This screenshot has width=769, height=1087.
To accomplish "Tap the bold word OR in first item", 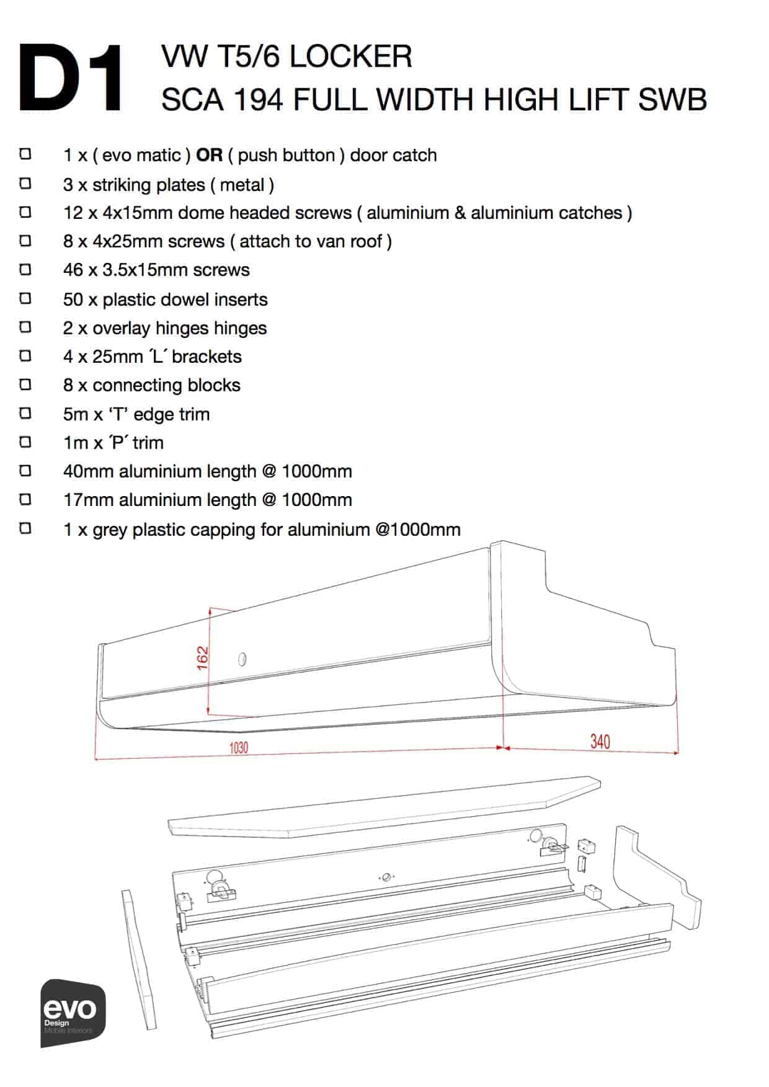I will [x=209, y=155].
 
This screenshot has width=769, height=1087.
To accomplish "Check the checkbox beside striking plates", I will [x=25, y=184].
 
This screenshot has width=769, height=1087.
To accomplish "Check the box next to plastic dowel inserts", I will [x=25, y=298].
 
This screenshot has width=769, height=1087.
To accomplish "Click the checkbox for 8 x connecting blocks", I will [x=25, y=384].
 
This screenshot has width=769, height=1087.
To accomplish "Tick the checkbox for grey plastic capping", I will [x=25, y=528].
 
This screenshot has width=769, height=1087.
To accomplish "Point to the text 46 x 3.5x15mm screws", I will [x=156, y=270].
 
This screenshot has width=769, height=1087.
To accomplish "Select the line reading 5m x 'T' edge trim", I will [x=136, y=414].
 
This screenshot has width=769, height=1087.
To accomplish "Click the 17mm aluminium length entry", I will [x=207, y=500].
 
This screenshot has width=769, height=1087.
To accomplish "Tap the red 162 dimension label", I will [x=203, y=658].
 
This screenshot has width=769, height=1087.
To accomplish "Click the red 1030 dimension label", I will [x=239, y=748].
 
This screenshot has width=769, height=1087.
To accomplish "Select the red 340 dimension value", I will [x=600, y=742].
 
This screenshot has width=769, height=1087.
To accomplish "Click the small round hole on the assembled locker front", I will [x=242, y=659].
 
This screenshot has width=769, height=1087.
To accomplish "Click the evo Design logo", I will [x=73, y=1013].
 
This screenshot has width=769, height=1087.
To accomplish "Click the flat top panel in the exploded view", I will [x=384, y=806].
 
